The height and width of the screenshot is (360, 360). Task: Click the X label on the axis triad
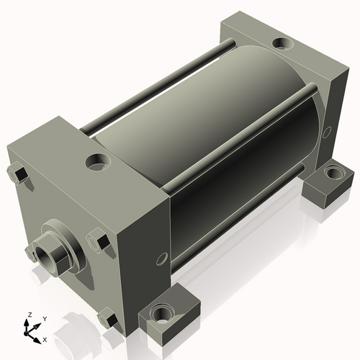(x=45, y=338)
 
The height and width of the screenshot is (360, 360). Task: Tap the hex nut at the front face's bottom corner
(x=108, y=317)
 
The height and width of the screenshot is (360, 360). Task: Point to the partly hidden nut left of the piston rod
(x=30, y=252)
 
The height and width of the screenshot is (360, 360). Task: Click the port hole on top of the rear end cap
(x=282, y=45)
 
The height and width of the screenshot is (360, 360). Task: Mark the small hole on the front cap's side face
(x=160, y=257)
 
